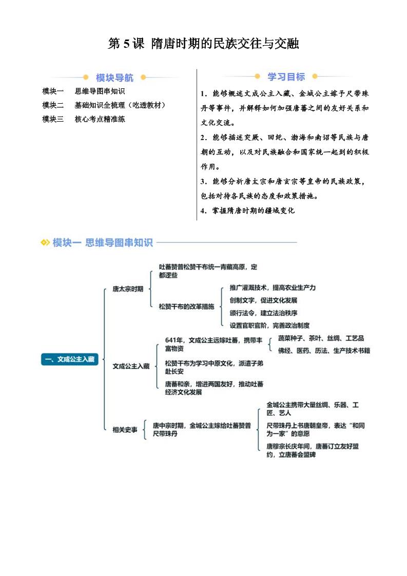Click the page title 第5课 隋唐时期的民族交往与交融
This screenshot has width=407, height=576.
[x=203, y=44]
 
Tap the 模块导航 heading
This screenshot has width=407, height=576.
[x=114, y=78]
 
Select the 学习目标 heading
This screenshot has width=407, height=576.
[x=286, y=77]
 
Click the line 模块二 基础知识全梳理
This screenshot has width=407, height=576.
[x=104, y=105]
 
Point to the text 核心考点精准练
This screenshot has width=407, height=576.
[x=100, y=119]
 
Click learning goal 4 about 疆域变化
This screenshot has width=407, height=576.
[x=247, y=210]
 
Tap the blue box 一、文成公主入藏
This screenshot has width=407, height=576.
[x=70, y=359]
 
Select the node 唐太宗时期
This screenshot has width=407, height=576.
[x=128, y=289]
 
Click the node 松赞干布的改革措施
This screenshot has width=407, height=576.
[x=186, y=306]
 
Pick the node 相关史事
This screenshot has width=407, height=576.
[x=125, y=429]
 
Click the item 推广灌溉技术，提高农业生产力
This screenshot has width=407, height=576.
[x=273, y=287]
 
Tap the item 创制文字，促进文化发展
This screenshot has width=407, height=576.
[x=263, y=300]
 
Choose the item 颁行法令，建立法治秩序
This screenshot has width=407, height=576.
[x=263, y=313]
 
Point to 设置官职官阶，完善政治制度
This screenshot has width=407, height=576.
[x=269, y=325]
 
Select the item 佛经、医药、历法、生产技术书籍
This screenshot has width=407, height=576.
[x=324, y=351]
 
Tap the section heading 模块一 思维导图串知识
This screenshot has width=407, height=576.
[x=103, y=242]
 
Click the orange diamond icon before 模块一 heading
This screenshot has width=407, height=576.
[x=45, y=242]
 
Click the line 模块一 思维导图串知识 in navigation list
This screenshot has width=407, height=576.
[x=83, y=91]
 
